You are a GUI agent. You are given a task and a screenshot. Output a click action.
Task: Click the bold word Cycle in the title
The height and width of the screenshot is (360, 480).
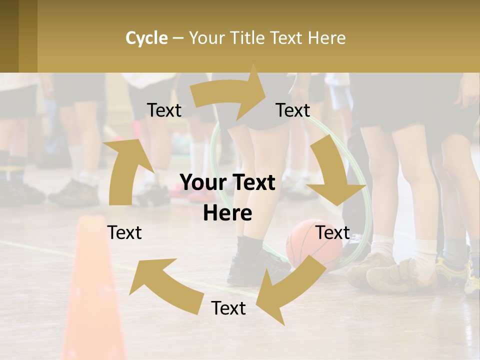tap(146, 38)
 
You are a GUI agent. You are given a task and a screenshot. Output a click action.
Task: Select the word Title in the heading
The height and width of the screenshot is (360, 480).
tap(248, 38)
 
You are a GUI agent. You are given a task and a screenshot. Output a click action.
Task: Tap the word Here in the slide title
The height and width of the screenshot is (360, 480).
tap(326, 38)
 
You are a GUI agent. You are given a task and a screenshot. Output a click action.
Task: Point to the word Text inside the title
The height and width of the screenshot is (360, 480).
tap(288, 38)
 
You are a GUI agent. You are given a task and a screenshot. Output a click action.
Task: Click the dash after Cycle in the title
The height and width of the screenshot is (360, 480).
tap(178, 38)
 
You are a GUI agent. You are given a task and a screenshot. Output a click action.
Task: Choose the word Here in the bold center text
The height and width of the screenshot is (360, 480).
tap(227, 213)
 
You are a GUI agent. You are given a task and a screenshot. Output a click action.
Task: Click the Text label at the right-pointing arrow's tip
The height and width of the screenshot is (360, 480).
tap(293, 110)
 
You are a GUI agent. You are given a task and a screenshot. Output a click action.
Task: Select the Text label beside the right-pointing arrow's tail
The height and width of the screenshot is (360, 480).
tap(164, 110)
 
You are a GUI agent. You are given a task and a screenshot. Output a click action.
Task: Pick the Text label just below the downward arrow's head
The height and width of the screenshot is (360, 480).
tap(332, 232)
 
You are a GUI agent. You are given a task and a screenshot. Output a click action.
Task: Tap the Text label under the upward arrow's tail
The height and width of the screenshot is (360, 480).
tap(124, 232)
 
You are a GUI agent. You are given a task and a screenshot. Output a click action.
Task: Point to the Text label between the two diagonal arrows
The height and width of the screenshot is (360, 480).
tap(228, 308)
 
